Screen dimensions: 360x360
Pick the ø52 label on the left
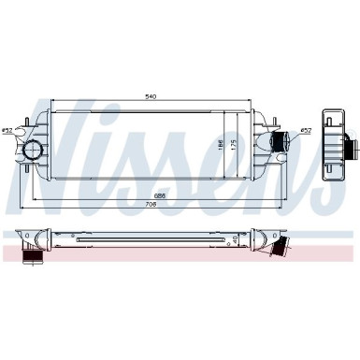click(x=7, y=130)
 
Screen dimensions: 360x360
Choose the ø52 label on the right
click(x=307, y=131)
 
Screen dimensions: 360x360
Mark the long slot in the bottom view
click(x=150, y=239)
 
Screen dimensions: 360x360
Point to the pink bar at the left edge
click(x=7, y=253)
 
